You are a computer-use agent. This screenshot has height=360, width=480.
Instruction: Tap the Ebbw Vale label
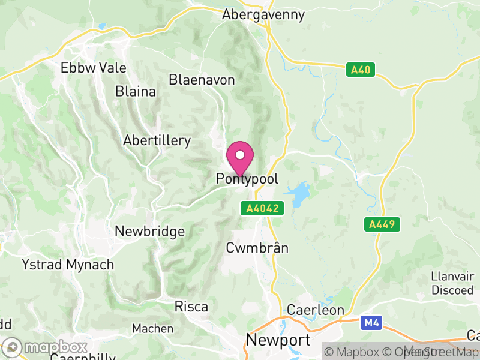click(x=94, y=68)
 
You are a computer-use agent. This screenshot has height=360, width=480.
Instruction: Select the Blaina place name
click(x=136, y=92)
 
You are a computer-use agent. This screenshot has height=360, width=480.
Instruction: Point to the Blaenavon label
click(x=201, y=79)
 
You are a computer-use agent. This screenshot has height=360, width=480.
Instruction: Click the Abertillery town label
click(x=157, y=141)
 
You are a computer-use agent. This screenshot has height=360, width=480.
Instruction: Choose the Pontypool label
click(x=247, y=179)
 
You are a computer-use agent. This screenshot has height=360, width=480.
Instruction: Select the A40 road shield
click(x=361, y=70)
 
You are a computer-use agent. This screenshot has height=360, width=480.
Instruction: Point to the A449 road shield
click(x=382, y=224)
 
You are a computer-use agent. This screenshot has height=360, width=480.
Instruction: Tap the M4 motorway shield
click(x=371, y=323)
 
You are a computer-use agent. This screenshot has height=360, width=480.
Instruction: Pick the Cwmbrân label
click(x=257, y=248)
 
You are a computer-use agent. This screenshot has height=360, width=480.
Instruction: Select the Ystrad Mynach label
click(x=68, y=264)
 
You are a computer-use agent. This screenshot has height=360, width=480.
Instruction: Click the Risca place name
click(x=191, y=307)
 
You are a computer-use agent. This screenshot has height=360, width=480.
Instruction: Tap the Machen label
click(x=153, y=328)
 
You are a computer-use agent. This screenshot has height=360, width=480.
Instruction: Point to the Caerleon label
click(x=316, y=310)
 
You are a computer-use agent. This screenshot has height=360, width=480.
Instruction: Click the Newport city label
click(x=278, y=341)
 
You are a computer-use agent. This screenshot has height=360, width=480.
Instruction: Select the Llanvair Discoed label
click(x=452, y=283)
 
